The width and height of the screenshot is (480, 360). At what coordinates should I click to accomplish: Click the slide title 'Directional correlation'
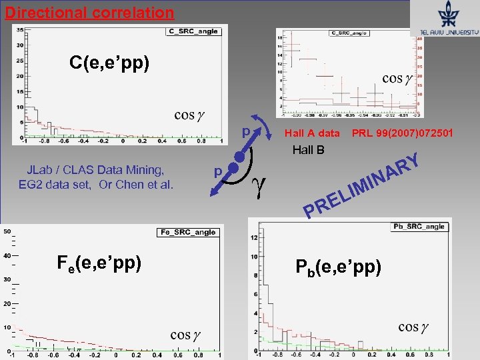coord(89,12)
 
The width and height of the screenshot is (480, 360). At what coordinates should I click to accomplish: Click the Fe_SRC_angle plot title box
coord(188,232)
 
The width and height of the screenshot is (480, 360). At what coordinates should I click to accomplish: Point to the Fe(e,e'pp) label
coord(99,263)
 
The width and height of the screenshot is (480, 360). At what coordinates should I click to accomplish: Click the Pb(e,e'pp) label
coord(338,267)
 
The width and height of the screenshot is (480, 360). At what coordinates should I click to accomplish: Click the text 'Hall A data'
coord(311,134)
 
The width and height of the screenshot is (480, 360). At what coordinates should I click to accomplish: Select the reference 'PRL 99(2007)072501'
coord(402,134)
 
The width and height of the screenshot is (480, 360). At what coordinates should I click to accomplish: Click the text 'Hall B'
coord(308,150)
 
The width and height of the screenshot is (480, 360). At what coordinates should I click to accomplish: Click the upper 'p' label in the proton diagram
coord(245,133)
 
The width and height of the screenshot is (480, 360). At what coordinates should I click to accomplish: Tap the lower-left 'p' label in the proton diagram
coord(217,171)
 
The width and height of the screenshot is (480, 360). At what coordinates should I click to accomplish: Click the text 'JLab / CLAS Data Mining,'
coord(97,170)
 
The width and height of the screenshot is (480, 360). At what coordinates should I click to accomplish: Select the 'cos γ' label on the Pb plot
coord(413,327)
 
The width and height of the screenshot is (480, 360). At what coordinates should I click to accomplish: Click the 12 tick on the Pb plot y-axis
coord(253,237)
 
